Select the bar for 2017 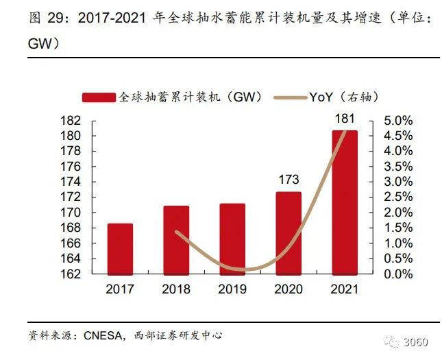coord(121,248)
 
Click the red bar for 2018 coord(177,239)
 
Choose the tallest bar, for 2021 coord(345,202)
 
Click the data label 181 coord(345,119)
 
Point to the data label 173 coord(288,180)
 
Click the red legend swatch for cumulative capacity coord(99,98)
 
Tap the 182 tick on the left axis coord(72,121)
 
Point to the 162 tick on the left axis coord(72,274)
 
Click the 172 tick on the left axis coord(72,197)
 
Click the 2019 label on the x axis coord(232,289)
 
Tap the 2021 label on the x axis coord(345,289)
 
